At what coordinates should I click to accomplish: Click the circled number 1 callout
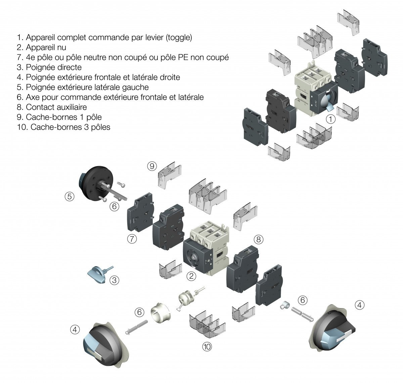[331, 119]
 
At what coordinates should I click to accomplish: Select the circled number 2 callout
[191, 276]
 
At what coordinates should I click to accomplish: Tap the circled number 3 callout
[115, 280]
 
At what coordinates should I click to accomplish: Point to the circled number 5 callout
[70, 197]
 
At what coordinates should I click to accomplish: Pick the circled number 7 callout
[132, 239]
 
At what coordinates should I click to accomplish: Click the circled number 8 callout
[258, 239]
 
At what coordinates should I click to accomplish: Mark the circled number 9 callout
[152, 165]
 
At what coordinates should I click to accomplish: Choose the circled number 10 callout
[207, 346]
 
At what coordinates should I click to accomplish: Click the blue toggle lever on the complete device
[326, 104]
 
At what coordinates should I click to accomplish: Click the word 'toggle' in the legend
[179, 38]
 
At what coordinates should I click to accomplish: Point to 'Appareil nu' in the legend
[46, 48]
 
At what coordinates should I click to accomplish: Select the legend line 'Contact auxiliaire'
[56, 107]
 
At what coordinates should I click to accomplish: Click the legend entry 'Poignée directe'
[53, 67]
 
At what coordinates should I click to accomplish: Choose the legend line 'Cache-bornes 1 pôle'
[63, 117]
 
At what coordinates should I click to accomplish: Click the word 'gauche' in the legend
[137, 87]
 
